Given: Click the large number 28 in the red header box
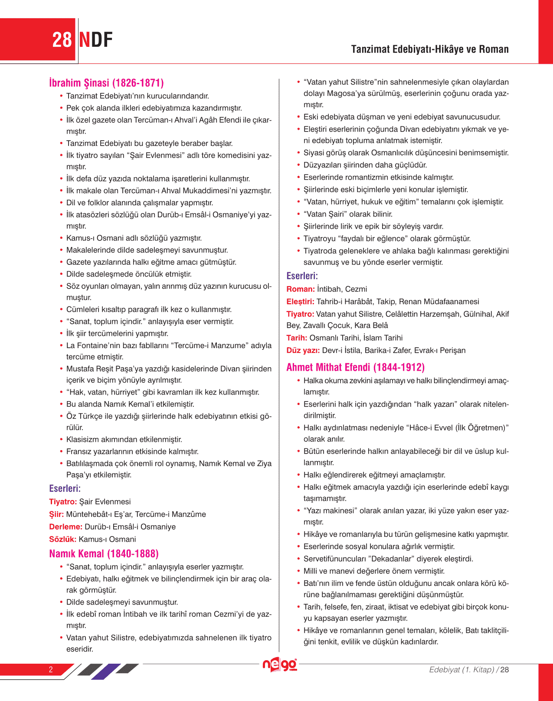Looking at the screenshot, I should tap(62, 40).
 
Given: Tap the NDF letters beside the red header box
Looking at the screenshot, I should tap(96, 40).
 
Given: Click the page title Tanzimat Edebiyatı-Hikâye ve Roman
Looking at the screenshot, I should tap(429, 49).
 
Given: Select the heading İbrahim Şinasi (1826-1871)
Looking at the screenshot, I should tap(106, 83).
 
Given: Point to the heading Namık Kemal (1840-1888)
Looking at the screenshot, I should tap(104, 553).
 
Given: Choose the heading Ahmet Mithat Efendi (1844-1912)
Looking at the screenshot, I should tap(355, 367).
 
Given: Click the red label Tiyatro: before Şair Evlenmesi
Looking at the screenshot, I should tap(63, 502).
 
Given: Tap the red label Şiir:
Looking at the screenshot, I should tap(56, 514).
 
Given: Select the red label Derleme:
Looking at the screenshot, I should tap(65, 527).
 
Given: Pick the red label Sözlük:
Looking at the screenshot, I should tap(63, 540).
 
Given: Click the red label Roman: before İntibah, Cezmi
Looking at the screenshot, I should tap(301, 289).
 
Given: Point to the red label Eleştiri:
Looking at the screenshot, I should tap(300, 302).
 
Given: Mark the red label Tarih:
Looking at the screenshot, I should tap(297, 338).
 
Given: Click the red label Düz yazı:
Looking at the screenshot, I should tap(303, 350).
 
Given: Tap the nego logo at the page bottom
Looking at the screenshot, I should tap(280, 665).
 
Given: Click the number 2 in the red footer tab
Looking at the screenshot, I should tap(51, 669).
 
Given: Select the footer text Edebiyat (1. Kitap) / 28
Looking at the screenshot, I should tap(469, 669).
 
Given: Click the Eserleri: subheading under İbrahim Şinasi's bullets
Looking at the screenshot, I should tap(65, 488).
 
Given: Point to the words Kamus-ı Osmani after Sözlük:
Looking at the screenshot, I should tap(107, 540).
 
